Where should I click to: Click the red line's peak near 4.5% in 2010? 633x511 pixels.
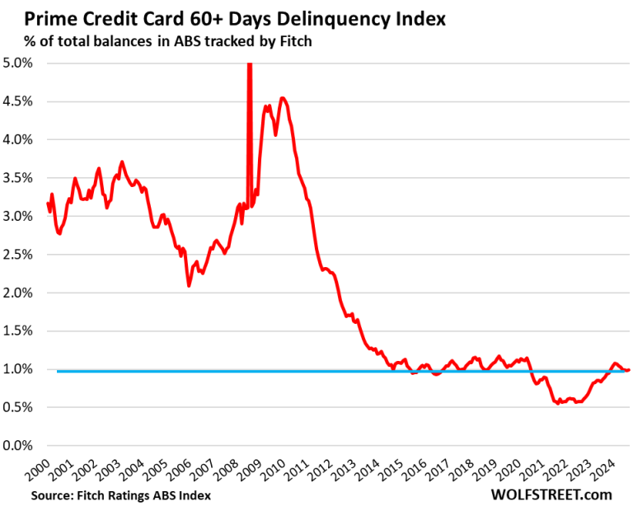pos(283,98)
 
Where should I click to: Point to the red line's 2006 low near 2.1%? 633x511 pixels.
pos(189,285)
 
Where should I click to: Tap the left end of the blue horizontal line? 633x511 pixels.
pos(58,371)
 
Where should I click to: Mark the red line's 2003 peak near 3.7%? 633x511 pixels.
pos(122,162)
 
